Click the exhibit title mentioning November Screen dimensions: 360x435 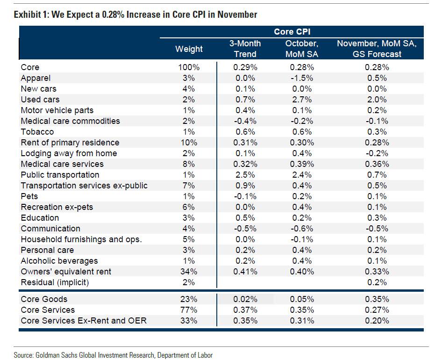tap(135, 14)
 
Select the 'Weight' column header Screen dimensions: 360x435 tap(189, 49)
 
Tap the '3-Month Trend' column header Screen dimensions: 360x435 tap(245, 49)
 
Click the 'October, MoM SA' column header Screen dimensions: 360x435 tap(301, 49)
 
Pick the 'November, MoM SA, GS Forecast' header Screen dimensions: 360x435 tap(377, 49)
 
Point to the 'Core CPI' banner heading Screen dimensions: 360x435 tap(292, 32)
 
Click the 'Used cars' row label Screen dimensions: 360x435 tap(40, 100)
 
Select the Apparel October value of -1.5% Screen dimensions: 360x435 tap(301, 78)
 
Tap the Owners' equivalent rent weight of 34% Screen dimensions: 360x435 tap(189, 272)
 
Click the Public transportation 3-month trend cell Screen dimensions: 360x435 tap(245, 175)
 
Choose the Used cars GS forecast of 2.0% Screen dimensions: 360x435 tap(377, 100)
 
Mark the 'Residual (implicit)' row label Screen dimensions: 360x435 tap(55, 282)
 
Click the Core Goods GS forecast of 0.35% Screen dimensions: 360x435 tap(377, 299)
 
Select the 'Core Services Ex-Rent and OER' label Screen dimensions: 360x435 tap(76, 321)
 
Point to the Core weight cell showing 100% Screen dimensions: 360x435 tap(189, 67)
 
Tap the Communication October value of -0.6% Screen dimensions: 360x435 tap(301, 229)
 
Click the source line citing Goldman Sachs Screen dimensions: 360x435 tap(113, 355)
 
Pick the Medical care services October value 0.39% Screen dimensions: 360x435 tap(301, 164)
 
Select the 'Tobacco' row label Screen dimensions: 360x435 tap(37, 132)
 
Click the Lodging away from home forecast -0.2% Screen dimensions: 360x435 tap(377, 153)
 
